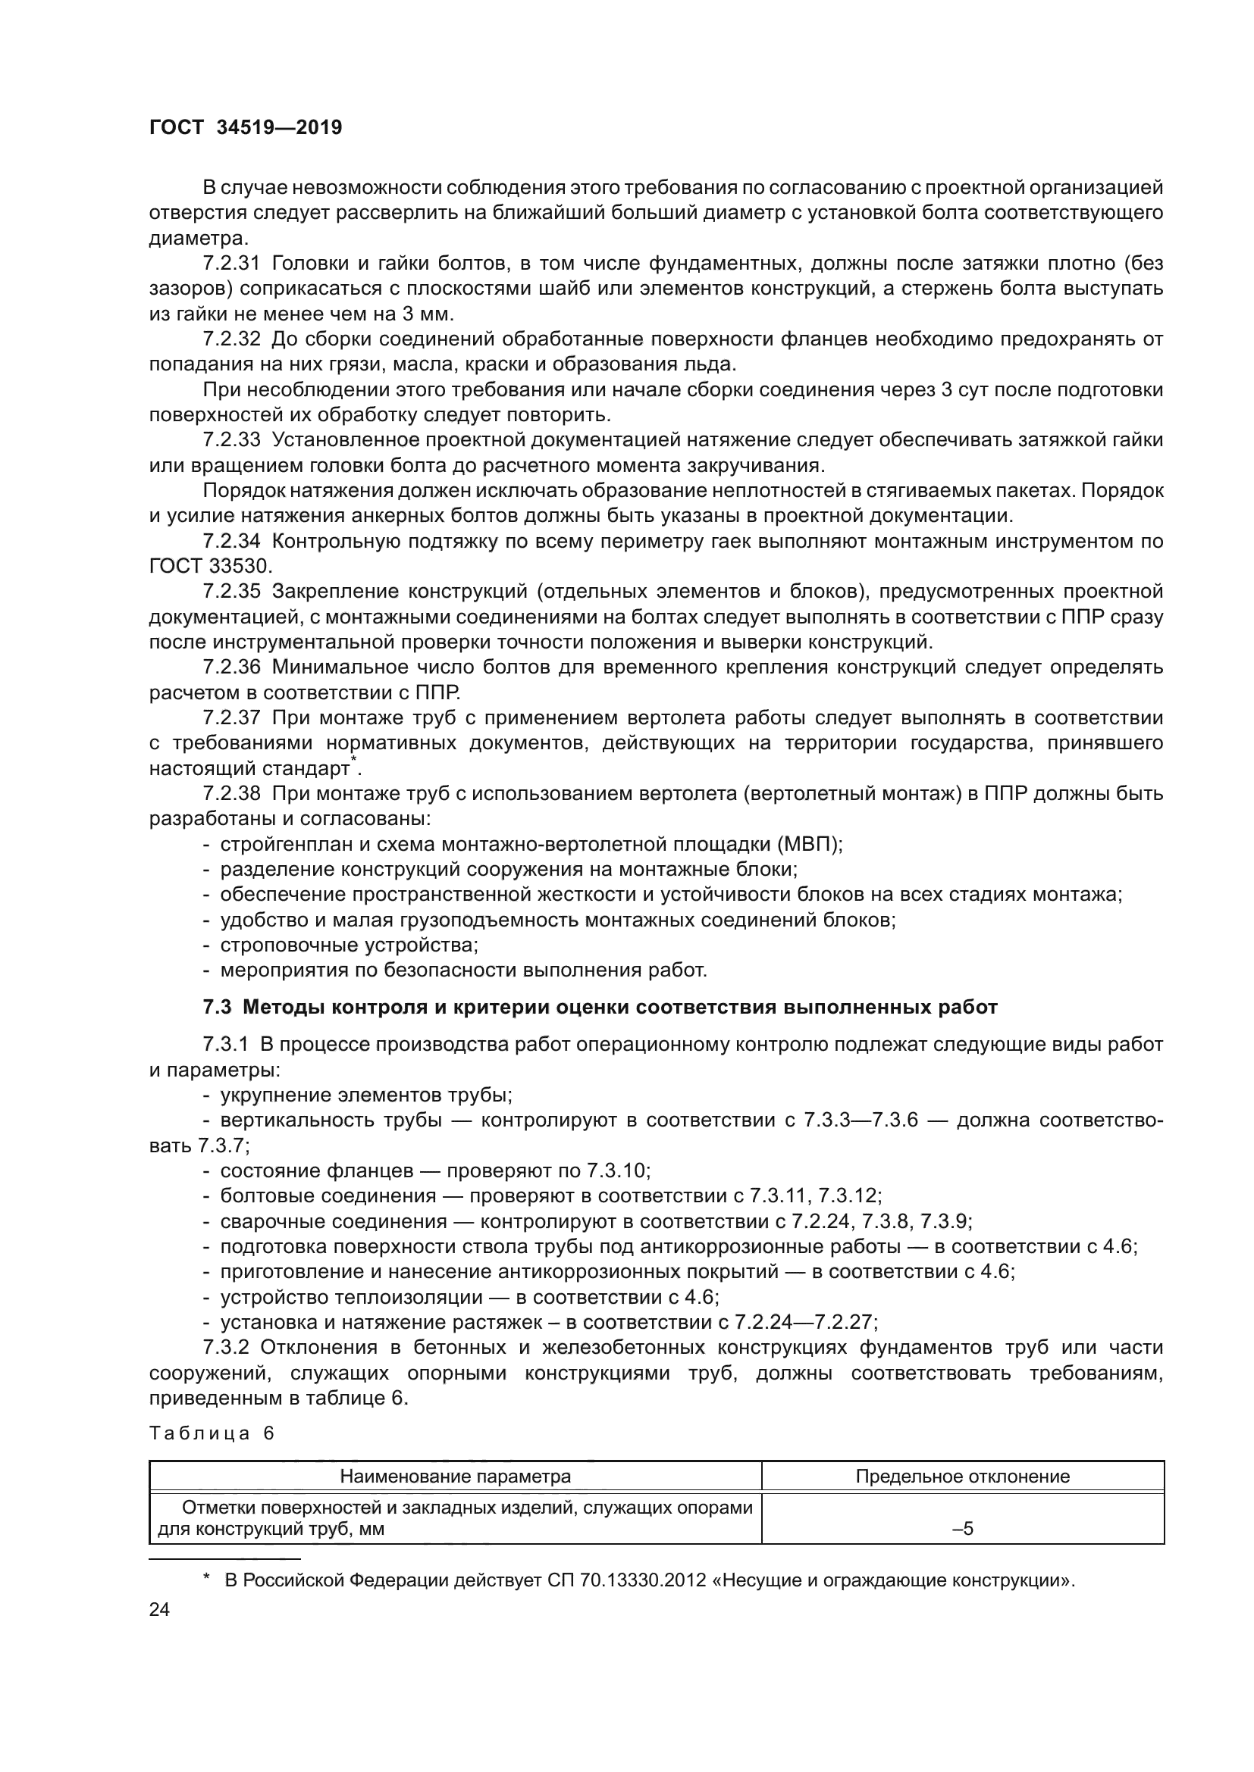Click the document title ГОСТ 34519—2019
tap(246, 128)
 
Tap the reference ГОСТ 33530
tap(209, 567)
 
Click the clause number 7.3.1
tap(224, 1045)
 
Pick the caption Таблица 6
tap(212, 1434)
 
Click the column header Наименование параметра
tap(456, 1477)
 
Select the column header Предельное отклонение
tap(962, 1477)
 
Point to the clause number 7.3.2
tap(224, 1348)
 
